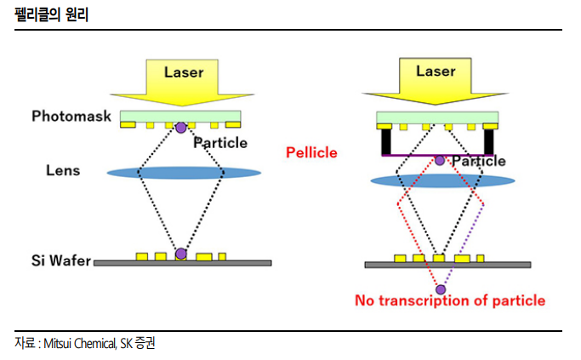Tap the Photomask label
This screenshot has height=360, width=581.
(71, 116)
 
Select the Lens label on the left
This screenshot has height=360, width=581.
(63, 170)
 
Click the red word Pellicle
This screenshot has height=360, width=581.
(311, 153)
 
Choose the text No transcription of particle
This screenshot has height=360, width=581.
(450, 300)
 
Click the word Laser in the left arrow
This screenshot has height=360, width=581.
(183, 72)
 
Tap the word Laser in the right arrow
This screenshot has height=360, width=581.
(436, 71)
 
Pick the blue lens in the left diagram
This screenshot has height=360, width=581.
(184, 173)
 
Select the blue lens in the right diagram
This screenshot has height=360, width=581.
(443, 180)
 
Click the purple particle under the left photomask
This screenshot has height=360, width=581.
(180, 128)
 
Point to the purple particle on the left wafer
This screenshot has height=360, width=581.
(180, 254)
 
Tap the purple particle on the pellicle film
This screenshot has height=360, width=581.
(439, 159)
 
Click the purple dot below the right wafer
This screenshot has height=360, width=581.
(440, 289)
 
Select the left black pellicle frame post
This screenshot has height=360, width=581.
(386, 140)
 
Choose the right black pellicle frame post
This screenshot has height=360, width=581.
(489, 140)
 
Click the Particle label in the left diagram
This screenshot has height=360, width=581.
(220, 142)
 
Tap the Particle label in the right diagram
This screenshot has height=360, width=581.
(478, 161)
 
